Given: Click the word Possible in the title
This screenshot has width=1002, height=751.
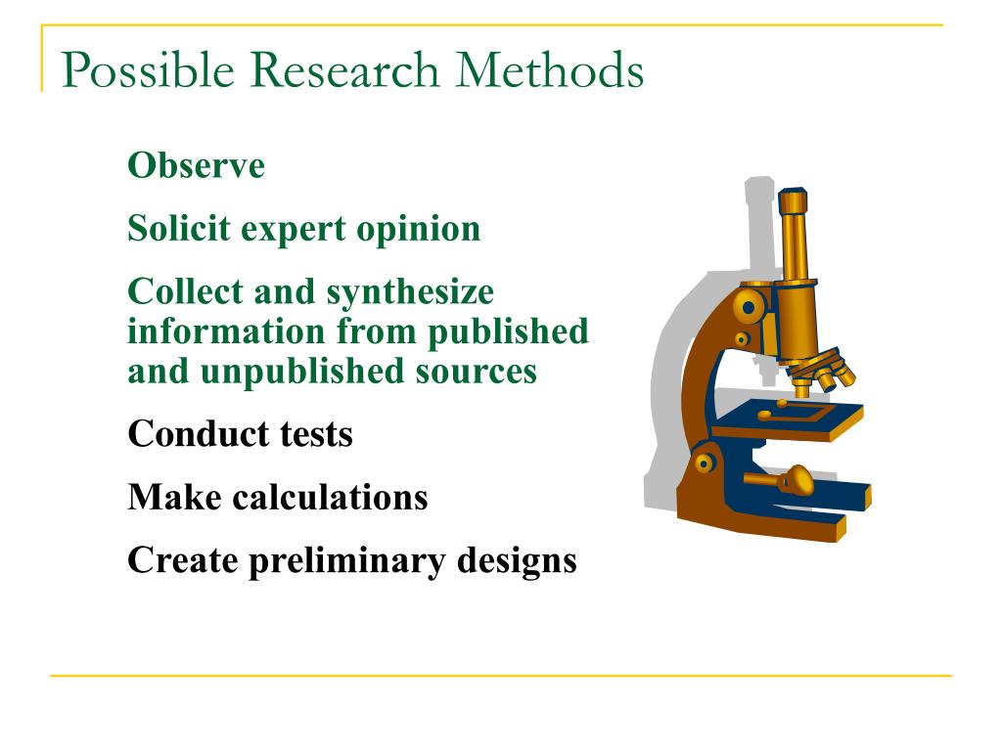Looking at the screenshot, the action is point(149,70).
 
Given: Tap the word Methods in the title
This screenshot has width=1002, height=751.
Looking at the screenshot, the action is point(550,69).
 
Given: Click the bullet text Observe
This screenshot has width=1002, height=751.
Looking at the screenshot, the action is point(196,165).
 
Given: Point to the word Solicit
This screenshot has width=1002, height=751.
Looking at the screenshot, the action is point(179,228).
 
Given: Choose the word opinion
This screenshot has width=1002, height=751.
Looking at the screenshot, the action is point(419,231).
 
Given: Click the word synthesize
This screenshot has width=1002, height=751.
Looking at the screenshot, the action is point(410,293).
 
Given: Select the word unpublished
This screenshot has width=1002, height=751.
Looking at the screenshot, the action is point(302,373).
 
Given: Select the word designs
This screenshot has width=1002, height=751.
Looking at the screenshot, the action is point(517,562).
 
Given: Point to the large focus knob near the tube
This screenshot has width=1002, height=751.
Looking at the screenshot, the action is point(748,307).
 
